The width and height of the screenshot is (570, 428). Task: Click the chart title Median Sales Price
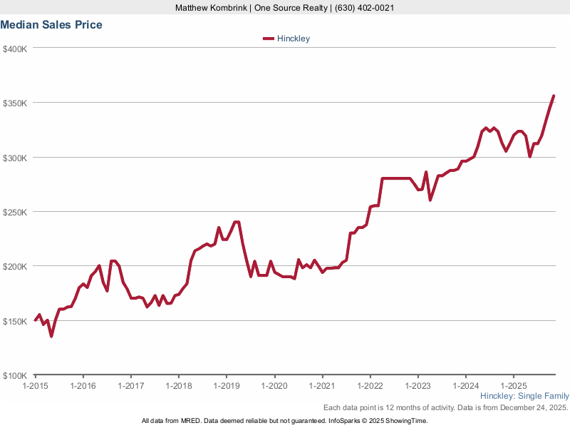51,25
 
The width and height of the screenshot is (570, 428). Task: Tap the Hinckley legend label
294,39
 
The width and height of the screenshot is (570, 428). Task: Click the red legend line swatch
269,39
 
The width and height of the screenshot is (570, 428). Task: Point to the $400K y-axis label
15,49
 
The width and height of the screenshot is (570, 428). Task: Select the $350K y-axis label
15,103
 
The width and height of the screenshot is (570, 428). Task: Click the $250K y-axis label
15,213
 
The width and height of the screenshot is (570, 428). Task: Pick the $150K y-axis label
15,322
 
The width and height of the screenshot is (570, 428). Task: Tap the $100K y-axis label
15,376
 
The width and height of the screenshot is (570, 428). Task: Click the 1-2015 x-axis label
35,386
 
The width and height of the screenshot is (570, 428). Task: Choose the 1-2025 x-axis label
513,386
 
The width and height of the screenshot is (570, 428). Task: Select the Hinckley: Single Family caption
524,396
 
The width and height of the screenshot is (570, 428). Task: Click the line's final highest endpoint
554,96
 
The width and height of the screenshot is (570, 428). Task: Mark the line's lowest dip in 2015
51,336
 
